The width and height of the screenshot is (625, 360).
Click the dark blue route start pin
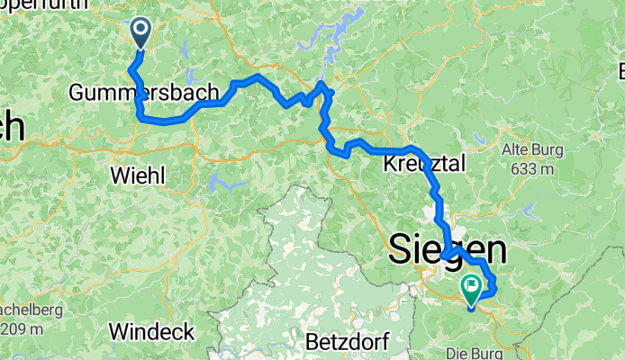tap(142, 32)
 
